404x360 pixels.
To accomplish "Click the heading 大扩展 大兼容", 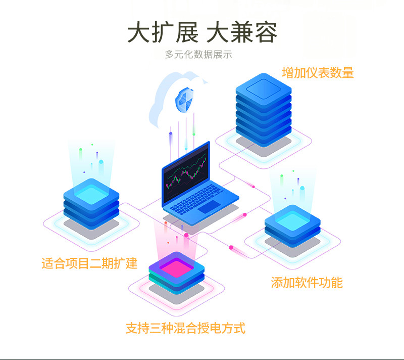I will pyautogui.click(x=202, y=33).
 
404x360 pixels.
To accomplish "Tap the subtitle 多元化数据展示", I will pyautogui.click(x=198, y=55).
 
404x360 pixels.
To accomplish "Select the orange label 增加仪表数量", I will pyautogui.click(x=318, y=73).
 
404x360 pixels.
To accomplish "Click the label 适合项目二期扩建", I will pyautogui.click(x=89, y=263).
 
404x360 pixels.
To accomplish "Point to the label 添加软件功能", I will pyautogui.click(x=307, y=283).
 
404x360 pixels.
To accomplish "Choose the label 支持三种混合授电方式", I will pyautogui.click(x=185, y=328).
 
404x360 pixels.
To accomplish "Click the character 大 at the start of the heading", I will pyautogui.click(x=139, y=33).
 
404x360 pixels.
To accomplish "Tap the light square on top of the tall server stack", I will pyautogui.click(x=263, y=88).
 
